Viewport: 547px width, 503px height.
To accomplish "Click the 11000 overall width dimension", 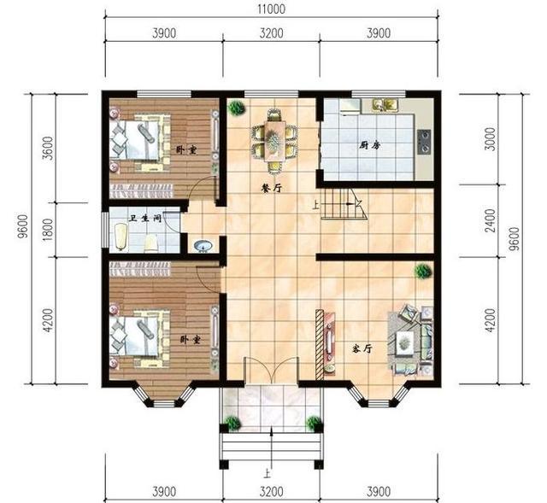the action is click(272, 9).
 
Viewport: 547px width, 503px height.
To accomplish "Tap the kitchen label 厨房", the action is click(370, 144).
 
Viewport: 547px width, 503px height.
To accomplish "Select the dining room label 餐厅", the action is click(272, 188).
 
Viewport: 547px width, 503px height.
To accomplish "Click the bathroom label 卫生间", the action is click(144, 219).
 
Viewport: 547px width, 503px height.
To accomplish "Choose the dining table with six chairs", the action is click(275, 141).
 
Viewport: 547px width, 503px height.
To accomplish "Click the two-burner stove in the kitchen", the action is click(425, 142).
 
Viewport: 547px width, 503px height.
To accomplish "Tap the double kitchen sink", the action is click(385, 106).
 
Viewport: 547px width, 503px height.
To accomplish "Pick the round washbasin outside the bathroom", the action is click(203, 246).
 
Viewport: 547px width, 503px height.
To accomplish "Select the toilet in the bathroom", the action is click(151, 243).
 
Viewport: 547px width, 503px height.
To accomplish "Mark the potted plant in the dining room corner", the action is click(237, 108).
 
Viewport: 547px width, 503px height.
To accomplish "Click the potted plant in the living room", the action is click(423, 271).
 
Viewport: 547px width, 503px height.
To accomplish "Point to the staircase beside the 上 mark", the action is click(344, 204).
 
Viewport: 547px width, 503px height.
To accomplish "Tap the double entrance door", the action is click(272, 371).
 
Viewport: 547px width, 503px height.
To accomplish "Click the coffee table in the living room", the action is click(404, 342).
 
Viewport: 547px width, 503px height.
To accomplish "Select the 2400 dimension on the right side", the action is click(491, 220).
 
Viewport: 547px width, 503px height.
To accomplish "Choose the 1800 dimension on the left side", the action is click(50, 230).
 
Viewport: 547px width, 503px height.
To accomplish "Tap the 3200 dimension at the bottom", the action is click(272, 492).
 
